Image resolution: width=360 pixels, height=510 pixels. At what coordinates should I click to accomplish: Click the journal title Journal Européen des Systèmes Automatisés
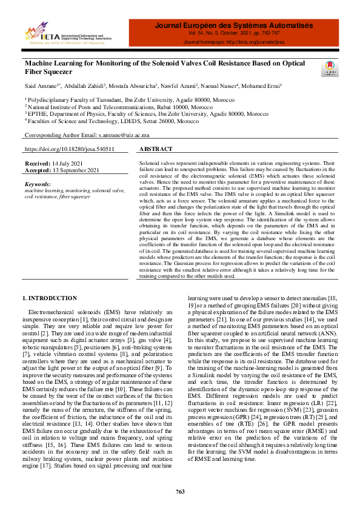(233, 25)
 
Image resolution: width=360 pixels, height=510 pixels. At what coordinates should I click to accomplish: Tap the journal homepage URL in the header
(233, 43)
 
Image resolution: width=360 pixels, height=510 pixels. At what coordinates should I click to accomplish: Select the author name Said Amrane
(41, 86)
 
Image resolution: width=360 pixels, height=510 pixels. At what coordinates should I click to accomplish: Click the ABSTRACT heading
(156, 149)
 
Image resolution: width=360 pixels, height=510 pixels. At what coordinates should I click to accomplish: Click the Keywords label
(38, 183)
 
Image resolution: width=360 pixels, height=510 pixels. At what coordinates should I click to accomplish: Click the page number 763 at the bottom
(180, 491)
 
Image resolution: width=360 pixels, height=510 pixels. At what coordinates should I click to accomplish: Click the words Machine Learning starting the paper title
(50, 62)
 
